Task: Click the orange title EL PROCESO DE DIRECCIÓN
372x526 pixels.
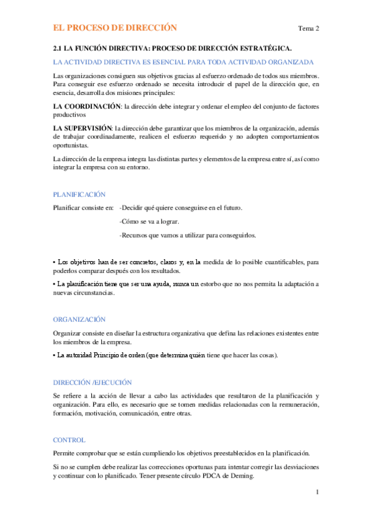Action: click(x=115, y=28)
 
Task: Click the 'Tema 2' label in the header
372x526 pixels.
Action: click(x=308, y=29)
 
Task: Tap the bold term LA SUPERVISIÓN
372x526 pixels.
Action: click(x=83, y=127)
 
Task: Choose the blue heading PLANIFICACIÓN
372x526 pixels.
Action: click(x=79, y=194)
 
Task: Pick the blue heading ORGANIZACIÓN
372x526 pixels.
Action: click(x=79, y=319)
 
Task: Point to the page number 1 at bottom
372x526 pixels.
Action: click(x=317, y=493)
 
